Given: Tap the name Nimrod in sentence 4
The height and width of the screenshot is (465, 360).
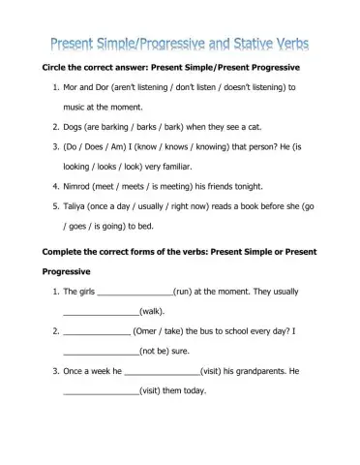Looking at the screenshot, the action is (81, 186).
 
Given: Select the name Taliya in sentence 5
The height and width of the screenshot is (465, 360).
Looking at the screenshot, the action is (79, 206).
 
